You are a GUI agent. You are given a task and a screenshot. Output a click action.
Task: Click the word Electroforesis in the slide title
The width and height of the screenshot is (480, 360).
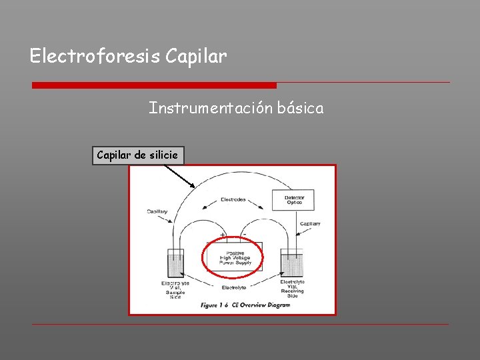[94, 57]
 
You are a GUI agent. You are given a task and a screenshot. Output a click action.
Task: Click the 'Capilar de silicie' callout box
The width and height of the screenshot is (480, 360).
[137, 155]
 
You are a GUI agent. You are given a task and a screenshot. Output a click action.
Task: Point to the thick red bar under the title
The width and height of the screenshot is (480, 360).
[154, 85]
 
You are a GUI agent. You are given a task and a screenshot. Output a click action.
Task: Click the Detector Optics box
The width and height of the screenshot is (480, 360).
[293, 199]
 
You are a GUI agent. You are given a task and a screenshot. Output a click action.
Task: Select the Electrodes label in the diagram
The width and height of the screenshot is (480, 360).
[233, 199]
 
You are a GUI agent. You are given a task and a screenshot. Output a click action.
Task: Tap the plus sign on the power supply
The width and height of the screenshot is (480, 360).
[222, 237]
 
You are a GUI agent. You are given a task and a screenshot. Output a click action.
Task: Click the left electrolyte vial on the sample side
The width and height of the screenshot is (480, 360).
[175, 265]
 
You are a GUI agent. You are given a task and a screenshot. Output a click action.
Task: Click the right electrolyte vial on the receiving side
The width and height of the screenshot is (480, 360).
[292, 265]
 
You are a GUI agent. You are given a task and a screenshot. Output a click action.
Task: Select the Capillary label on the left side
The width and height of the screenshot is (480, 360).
[157, 212]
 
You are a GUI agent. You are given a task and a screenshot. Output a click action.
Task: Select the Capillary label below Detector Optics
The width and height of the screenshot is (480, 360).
[310, 223]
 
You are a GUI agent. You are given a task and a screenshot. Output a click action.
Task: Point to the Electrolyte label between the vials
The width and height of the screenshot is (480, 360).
[233, 288]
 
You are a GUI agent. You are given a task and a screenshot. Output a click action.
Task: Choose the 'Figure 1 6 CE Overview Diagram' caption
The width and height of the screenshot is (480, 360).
[245, 305]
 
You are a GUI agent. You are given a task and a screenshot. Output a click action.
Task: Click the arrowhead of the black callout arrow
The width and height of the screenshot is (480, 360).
[193, 185]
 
